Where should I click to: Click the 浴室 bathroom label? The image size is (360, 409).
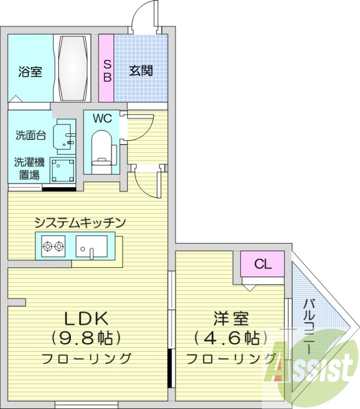click(x=30, y=72)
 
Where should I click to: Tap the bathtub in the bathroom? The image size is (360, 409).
click(x=73, y=68)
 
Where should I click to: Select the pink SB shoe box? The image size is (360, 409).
click(x=106, y=68)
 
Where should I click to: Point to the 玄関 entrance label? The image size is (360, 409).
click(x=141, y=71)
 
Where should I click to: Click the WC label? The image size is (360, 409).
click(x=102, y=119)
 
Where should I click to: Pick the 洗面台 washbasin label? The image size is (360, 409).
click(x=31, y=135)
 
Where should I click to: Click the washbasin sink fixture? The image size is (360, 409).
click(x=65, y=137)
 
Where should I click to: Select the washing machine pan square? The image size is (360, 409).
click(x=62, y=171)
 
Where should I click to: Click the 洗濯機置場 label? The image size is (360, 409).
click(x=29, y=169)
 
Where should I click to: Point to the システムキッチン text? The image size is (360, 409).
click(x=80, y=223)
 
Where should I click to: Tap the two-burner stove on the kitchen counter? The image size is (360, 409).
click(x=54, y=246)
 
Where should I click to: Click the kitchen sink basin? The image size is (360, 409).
click(x=91, y=246)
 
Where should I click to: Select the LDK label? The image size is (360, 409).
click(x=86, y=319)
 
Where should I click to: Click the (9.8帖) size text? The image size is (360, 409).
click(x=86, y=338)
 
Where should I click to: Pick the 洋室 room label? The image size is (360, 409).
click(x=231, y=319)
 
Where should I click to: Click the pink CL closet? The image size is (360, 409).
click(x=262, y=264)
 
